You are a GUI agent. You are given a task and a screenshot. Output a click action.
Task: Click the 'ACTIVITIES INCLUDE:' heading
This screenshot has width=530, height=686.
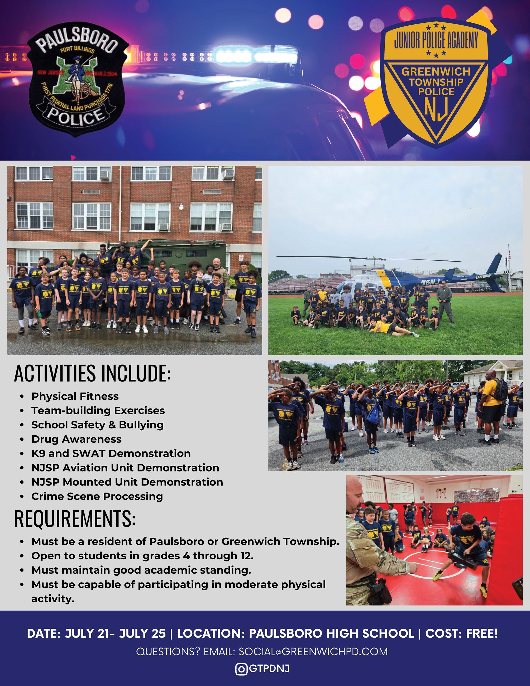point(92,373)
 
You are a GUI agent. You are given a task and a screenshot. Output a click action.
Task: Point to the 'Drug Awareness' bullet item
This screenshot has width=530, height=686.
point(76,439)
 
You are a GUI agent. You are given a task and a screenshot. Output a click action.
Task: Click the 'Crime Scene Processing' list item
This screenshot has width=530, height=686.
point(97,496)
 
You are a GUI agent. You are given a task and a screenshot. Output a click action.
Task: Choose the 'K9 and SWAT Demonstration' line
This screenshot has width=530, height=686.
point(111,453)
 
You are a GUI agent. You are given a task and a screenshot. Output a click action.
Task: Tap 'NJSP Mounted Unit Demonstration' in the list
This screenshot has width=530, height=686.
point(127,482)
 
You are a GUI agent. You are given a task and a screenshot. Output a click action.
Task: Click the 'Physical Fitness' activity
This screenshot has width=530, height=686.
point(75,396)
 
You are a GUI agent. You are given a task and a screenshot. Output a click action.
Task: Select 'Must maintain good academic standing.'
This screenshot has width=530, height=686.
point(141,570)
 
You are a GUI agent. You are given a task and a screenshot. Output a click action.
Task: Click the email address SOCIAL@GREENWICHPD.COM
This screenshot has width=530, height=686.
point(313,652)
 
